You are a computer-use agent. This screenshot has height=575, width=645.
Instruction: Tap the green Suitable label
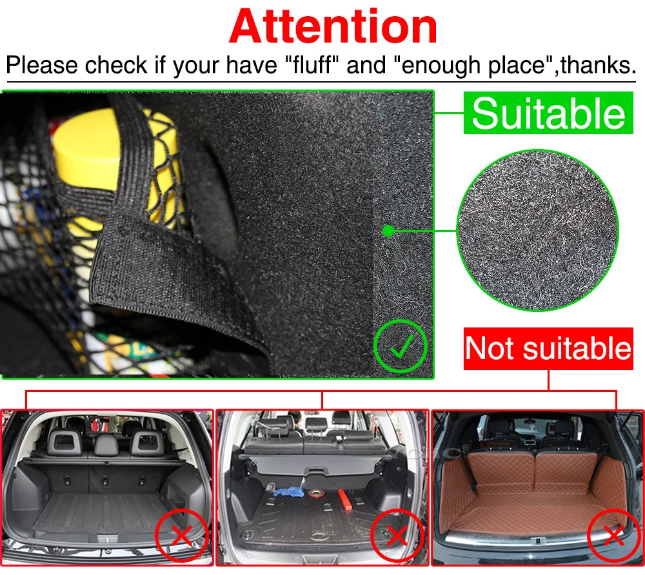(x=548, y=113)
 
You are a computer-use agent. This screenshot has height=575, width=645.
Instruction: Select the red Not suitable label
(x=548, y=348)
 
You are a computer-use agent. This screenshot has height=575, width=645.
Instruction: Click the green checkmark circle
(x=400, y=348)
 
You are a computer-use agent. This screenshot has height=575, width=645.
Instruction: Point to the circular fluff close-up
(x=537, y=230)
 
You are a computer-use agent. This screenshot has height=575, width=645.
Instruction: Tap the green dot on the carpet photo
(x=388, y=230)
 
